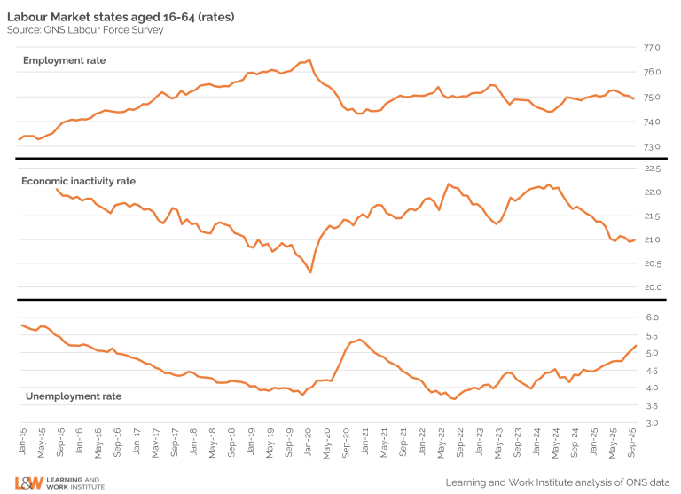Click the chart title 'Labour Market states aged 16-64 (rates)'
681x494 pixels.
121,17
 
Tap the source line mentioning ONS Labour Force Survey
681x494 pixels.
84,30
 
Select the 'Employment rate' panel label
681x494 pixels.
64,60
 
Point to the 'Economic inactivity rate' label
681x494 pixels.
78,181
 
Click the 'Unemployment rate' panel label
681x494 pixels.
73,396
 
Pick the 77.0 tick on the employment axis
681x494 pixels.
652,47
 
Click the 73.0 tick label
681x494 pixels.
652,146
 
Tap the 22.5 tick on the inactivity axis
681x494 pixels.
652,169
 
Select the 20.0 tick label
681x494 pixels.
652,287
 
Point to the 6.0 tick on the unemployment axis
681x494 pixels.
654,318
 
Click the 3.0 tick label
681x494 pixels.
654,423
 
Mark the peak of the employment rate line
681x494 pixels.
309,60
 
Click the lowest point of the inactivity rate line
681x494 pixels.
310,271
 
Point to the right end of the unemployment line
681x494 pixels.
635,346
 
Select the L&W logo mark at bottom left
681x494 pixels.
28,483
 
